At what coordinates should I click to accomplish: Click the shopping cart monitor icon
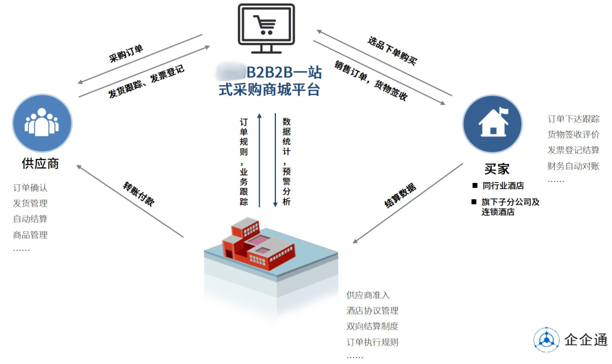point(266,28)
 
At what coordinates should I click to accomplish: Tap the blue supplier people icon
point(42,123)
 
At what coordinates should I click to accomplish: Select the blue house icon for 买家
point(492,124)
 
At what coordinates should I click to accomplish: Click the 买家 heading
point(497,169)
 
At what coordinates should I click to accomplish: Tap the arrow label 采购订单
point(126,54)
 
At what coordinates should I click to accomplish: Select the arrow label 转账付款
point(139,194)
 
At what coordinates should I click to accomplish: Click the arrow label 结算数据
point(400,195)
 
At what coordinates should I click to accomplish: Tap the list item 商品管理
point(30,235)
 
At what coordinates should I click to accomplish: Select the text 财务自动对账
point(573,166)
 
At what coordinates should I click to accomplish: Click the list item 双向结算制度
point(372,326)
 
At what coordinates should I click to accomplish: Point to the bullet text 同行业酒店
point(503,186)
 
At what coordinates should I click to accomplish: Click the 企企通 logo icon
point(546,340)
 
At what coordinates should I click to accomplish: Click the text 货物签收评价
point(573,135)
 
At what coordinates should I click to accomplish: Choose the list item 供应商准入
point(368,295)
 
